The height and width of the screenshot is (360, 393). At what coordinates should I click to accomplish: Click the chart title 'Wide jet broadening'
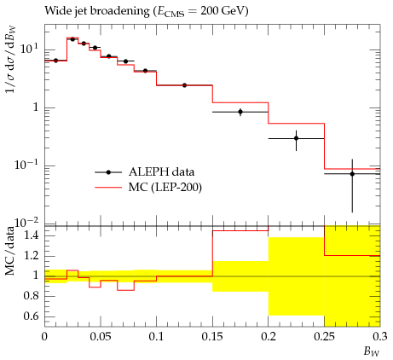[x=97, y=11]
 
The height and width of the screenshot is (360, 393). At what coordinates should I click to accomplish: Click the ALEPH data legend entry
[x=145, y=172]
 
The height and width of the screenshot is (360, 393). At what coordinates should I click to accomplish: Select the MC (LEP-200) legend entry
[x=148, y=188]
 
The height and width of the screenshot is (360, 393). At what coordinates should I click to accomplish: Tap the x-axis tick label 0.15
[x=212, y=337]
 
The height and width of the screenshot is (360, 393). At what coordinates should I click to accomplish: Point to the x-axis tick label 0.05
[x=101, y=337]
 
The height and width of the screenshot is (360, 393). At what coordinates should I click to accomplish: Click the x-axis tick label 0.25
[x=324, y=337]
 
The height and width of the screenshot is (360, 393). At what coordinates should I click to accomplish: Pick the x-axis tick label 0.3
[x=380, y=337]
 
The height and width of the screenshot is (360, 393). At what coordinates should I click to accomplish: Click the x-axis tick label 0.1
[x=156, y=337]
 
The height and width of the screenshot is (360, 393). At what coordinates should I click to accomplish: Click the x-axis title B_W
[x=372, y=351]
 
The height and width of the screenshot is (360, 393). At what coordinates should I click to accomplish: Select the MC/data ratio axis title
[x=10, y=251]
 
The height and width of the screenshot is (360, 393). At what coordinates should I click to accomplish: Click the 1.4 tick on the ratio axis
[x=31, y=235]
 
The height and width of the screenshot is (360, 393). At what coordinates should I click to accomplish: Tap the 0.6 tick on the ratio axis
[x=31, y=316]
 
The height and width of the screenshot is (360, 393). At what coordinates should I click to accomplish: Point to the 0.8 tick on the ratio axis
[x=31, y=296]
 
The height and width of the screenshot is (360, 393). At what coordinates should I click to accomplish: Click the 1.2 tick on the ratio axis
[x=31, y=256]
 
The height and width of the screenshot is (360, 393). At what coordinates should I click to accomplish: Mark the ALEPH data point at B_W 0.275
[x=352, y=174]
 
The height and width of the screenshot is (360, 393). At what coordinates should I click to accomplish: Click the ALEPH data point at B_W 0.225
[x=297, y=138]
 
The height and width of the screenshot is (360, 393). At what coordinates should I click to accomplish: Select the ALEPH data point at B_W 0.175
[x=240, y=112]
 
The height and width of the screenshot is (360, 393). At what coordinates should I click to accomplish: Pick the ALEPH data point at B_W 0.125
[x=184, y=85]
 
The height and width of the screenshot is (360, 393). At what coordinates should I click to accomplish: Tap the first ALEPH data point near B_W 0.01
[x=55, y=61]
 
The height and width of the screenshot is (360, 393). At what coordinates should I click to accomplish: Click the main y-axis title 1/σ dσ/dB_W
[x=11, y=60]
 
